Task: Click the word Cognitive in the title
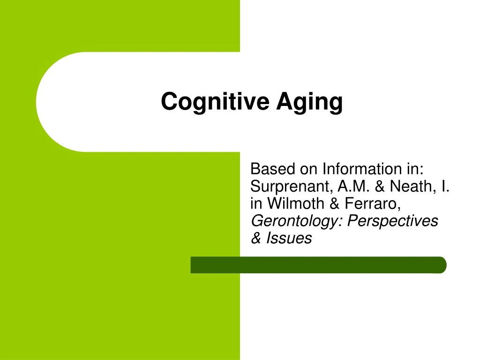pos(215,101)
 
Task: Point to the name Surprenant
pos(291,187)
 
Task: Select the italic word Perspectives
pos(393,221)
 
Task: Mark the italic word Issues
pos(289,238)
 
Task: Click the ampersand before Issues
pos(256,238)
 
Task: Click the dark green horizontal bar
pos(319,265)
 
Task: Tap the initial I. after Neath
pos(445,187)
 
